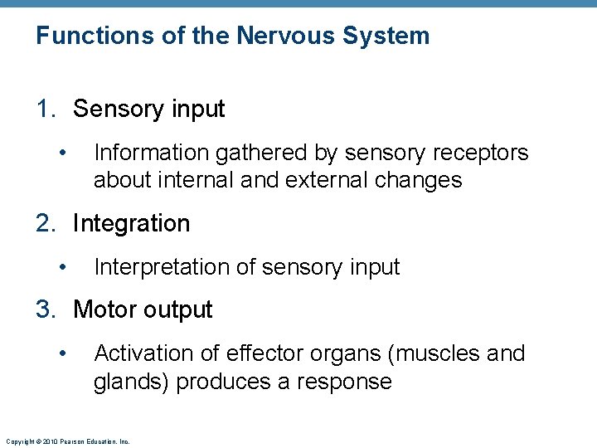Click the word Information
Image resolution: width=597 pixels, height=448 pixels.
pyautogui.click(x=152, y=153)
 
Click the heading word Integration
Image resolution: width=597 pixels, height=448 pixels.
pyautogui.click(x=131, y=223)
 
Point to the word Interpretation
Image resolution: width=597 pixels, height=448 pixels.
pyautogui.click(x=163, y=267)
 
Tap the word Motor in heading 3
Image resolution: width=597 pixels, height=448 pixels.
pyautogui.click(x=104, y=309)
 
